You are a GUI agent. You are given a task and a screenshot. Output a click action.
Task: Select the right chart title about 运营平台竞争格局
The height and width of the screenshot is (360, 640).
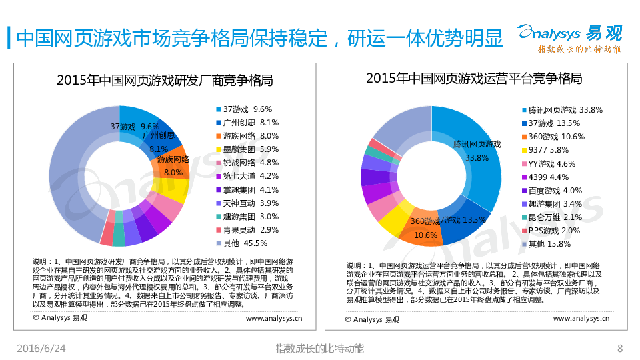473,78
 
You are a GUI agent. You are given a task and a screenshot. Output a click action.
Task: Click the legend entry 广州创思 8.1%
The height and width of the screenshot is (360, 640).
246,122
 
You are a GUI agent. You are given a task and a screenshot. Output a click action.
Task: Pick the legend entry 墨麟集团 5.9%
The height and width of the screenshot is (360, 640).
246,149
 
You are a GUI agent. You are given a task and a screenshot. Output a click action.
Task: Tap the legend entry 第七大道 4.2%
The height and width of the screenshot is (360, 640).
246,176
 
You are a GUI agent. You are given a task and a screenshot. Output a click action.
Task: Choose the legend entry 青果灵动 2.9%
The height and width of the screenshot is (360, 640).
246,229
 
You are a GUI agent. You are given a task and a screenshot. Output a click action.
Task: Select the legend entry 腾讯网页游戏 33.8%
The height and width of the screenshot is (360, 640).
561,109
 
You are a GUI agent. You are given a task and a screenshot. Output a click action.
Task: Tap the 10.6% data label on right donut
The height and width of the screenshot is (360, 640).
425,235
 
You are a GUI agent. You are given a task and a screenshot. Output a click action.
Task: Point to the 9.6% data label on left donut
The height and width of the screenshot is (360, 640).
150,126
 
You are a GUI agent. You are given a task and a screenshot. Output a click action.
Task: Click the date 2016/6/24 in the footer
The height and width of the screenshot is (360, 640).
41,349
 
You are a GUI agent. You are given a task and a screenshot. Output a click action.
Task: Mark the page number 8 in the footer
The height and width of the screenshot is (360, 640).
620,349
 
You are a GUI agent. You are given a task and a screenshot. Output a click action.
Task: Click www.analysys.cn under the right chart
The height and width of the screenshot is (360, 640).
581,318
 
